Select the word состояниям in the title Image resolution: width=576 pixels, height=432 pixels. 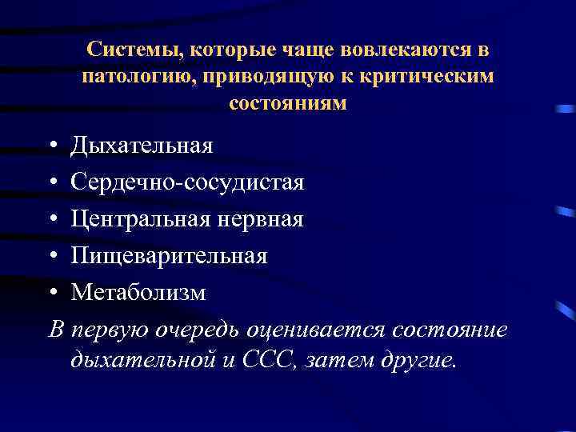click(x=288, y=104)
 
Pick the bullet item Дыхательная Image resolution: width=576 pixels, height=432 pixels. click(x=142, y=146)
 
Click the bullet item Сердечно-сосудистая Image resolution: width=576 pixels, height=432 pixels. click(x=187, y=182)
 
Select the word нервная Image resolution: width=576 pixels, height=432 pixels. click(x=265, y=219)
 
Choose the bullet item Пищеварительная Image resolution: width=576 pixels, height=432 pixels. click(x=169, y=256)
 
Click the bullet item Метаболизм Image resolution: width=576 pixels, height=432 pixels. click(x=138, y=293)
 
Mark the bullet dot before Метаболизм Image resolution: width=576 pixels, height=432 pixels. click(x=51, y=294)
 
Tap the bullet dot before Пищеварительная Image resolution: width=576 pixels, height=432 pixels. click(x=51, y=257)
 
